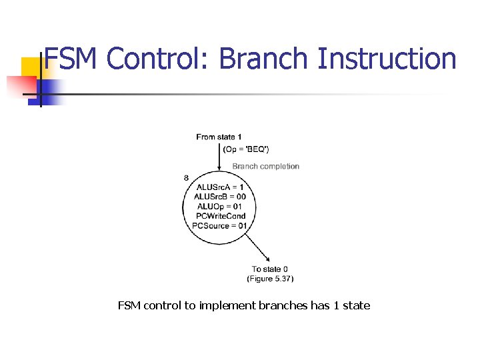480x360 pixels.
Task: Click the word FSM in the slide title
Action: click(x=71, y=59)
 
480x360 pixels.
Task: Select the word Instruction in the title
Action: click(x=387, y=59)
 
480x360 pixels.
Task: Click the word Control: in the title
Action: click(x=159, y=59)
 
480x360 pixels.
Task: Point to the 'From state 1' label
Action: click(x=219, y=137)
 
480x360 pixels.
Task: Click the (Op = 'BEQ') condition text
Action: click(x=246, y=149)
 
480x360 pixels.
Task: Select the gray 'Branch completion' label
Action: click(x=265, y=166)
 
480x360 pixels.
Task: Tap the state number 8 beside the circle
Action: click(x=185, y=177)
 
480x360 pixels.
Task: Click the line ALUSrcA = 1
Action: click(x=220, y=187)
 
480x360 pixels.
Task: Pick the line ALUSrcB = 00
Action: click(x=220, y=197)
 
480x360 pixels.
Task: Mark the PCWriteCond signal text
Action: click(x=221, y=216)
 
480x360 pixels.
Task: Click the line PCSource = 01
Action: click(x=219, y=225)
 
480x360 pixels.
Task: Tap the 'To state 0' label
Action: click(x=270, y=269)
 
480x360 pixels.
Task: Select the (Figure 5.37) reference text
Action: click(x=270, y=278)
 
